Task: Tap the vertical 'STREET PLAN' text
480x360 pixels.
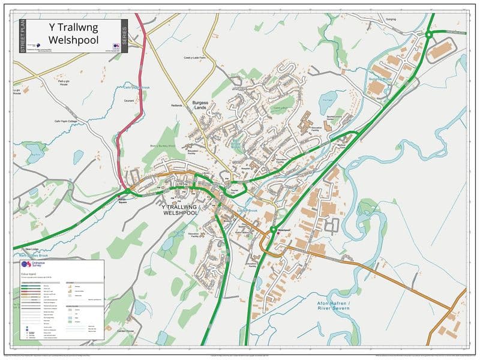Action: (x=23, y=37)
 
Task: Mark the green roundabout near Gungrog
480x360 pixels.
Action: (x=430, y=35)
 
